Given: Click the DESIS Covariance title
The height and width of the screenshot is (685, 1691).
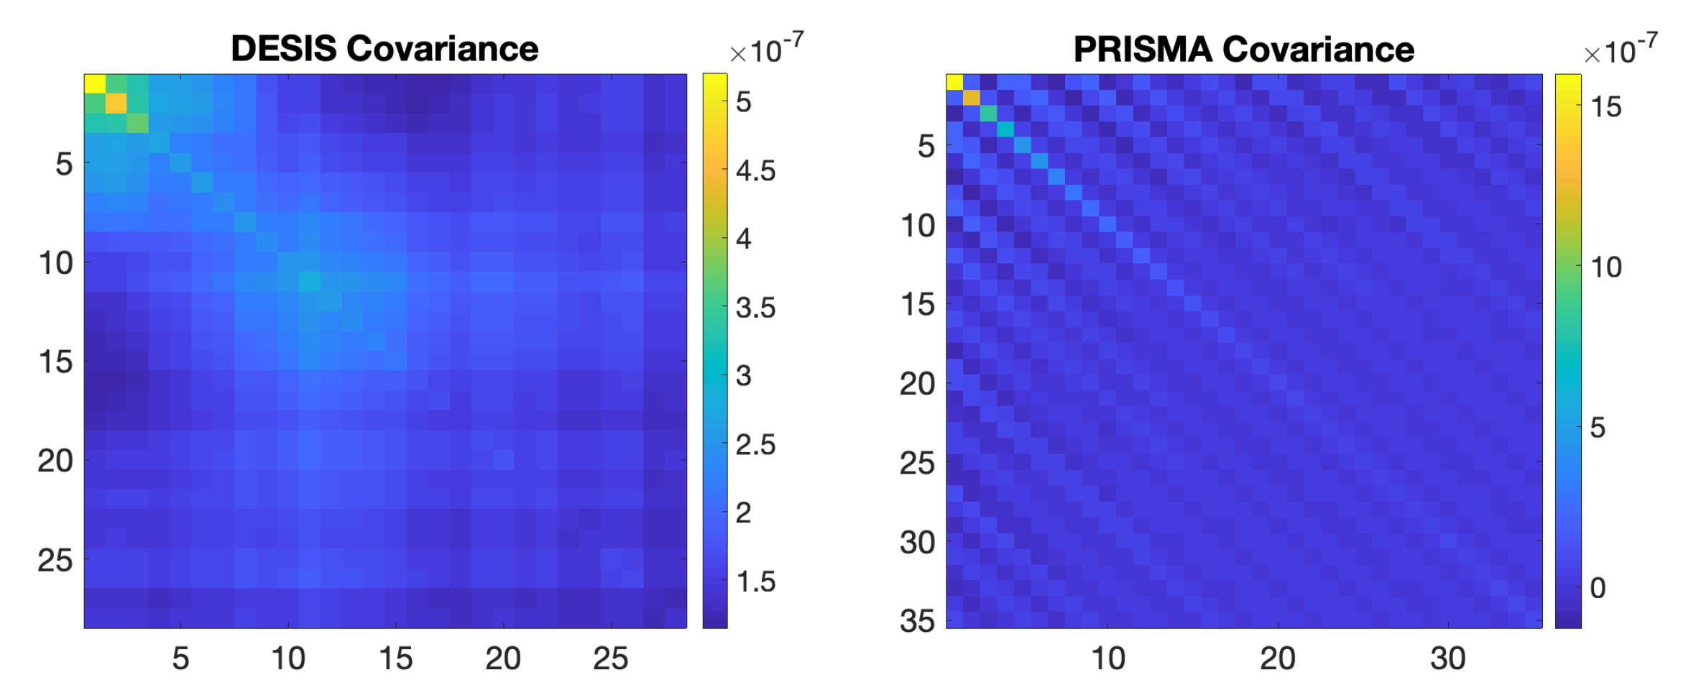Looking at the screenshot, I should (384, 49).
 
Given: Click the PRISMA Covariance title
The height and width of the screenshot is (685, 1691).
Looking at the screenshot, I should (1243, 50).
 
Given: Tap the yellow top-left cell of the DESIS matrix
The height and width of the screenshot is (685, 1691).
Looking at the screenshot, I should (95, 83).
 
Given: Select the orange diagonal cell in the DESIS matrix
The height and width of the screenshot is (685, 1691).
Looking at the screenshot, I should (116, 104).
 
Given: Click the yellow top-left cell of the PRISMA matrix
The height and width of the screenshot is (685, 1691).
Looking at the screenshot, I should (954, 82).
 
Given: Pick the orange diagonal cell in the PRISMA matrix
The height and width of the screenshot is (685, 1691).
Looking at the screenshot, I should (971, 98).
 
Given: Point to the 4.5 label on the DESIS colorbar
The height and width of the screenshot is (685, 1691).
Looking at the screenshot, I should (755, 171).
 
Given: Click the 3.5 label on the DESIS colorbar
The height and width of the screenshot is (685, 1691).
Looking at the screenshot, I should (755, 308).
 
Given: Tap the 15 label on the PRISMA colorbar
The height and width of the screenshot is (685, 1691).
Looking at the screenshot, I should (1605, 107).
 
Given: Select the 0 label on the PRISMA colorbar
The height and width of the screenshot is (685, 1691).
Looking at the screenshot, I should (1598, 588).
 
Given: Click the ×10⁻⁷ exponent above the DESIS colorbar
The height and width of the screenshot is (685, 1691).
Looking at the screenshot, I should (766, 50).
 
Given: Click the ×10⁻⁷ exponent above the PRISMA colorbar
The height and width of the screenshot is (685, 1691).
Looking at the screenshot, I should (1621, 50).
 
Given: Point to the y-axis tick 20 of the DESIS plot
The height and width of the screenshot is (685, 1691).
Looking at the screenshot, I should (55, 461).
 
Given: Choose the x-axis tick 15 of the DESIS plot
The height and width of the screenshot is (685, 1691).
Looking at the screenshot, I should (396, 658).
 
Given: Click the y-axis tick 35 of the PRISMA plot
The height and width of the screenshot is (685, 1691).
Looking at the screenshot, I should (917, 621).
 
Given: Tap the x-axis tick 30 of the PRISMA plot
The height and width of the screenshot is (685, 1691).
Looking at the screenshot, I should (1447, 658).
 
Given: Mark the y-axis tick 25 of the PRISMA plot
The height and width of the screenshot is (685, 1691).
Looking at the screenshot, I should (917, 463).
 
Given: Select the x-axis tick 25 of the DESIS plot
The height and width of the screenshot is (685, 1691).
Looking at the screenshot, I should (611, 658).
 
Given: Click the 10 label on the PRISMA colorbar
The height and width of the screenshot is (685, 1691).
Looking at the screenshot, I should (1605, 267).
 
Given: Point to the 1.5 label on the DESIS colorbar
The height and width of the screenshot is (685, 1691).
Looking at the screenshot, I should (755, 581).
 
